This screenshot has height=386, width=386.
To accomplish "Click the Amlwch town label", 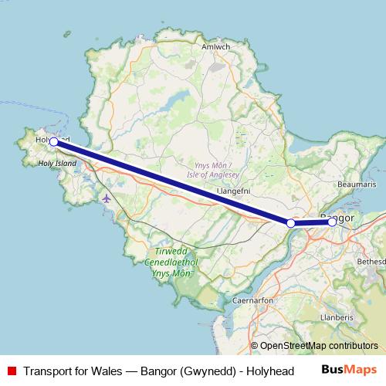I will pyautogui.click(x=215, y=46).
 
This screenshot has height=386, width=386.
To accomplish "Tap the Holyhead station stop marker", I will pyautogui.click(x=54, y=142).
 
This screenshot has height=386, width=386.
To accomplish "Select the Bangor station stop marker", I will pyautogui.click(x=332, y=222).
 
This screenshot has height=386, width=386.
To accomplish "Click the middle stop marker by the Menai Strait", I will pyautogui.click(x=291, y=223).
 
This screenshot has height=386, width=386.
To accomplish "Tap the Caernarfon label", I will pyautogui.click(x=252, y=299).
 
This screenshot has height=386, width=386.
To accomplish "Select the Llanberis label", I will pyautogui.click(x=337, y=317).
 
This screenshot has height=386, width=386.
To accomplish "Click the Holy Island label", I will pyautogui.click(x=59, y=164).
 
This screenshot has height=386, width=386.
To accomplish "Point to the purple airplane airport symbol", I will pyautogui.click(x=106, y=198).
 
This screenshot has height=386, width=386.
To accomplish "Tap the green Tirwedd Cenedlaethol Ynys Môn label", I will pyautogui.click(x=171, y=262).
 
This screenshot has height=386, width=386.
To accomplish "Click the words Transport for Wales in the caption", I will pyautogui.click(x=72, y=371).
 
